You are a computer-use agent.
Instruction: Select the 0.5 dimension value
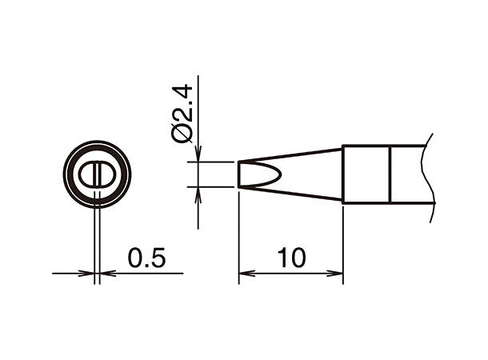tap(146, 258)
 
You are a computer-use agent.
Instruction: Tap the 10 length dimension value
tap(290, 258)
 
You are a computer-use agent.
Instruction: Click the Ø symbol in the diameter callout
tap(182, 133)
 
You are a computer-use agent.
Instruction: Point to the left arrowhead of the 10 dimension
tap(245, 274)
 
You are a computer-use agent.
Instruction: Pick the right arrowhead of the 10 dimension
tap(338, 274)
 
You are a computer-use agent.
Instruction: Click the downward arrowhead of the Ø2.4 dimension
tap(198, 156)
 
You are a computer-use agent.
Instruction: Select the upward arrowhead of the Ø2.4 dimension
tap(198, 193)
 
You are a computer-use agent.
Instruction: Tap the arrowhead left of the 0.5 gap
tap(90, 274)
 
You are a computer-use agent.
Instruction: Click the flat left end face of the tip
tap(238, 174)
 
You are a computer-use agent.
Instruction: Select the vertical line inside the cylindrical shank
tap(390, 174)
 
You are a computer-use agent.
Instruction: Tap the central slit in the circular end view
tap(97, 174)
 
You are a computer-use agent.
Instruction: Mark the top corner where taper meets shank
tap(343, 146)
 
